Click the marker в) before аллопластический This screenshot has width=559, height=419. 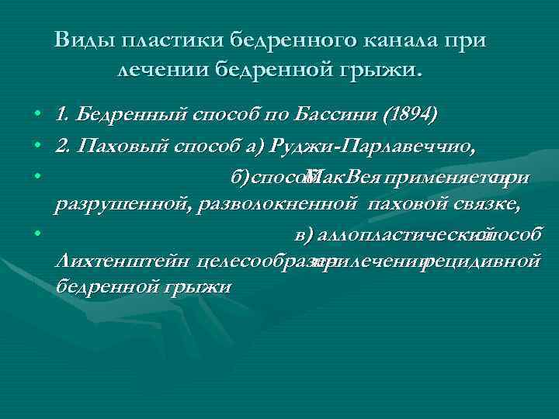tap(305, 234)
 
